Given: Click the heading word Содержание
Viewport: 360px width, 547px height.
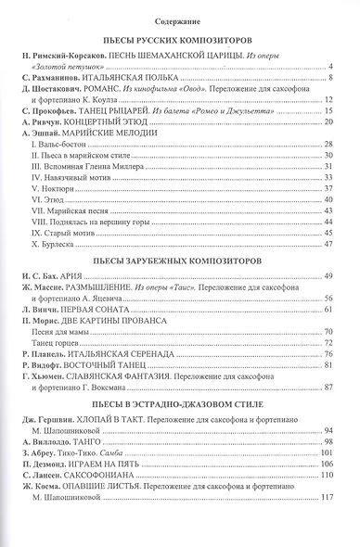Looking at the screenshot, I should click(x=180, y=16).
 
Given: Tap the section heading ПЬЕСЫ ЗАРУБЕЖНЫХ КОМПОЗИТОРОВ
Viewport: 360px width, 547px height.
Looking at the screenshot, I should click(x=180, y=262).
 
